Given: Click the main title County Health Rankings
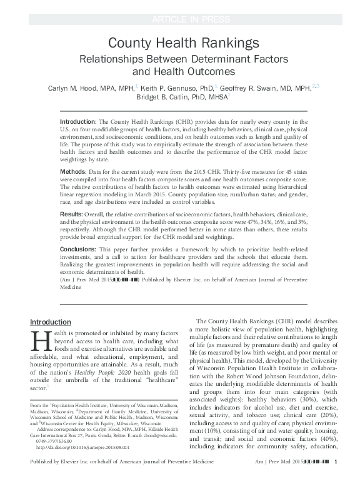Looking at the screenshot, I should [x=179, y=43].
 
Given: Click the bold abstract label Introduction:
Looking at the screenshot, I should [x=79, y=121].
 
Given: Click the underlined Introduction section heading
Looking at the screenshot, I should [x=51, y=321].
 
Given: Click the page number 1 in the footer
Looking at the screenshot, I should [x=336, y=478].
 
